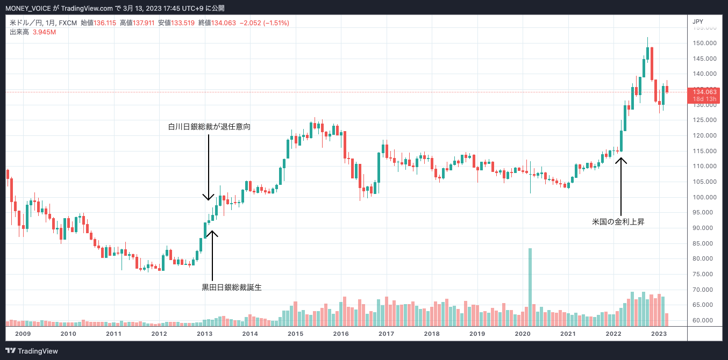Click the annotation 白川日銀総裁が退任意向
pos(209,127)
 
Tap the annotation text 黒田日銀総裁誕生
pos(231,287)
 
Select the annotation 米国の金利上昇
pos(618,221)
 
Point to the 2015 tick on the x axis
pos(295,334)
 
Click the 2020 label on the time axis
pos(523,334)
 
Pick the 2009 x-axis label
pos(23,334)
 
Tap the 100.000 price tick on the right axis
pos(704,197)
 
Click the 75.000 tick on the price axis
pos(704,274)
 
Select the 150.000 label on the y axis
pos(704,43)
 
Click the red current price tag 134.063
pos(704,92)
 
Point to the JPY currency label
pos(698,21)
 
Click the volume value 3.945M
pos(45,32)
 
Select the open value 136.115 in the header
pos(105,23)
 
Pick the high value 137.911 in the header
pos(144,23)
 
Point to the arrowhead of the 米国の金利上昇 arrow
pos(622,157)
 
